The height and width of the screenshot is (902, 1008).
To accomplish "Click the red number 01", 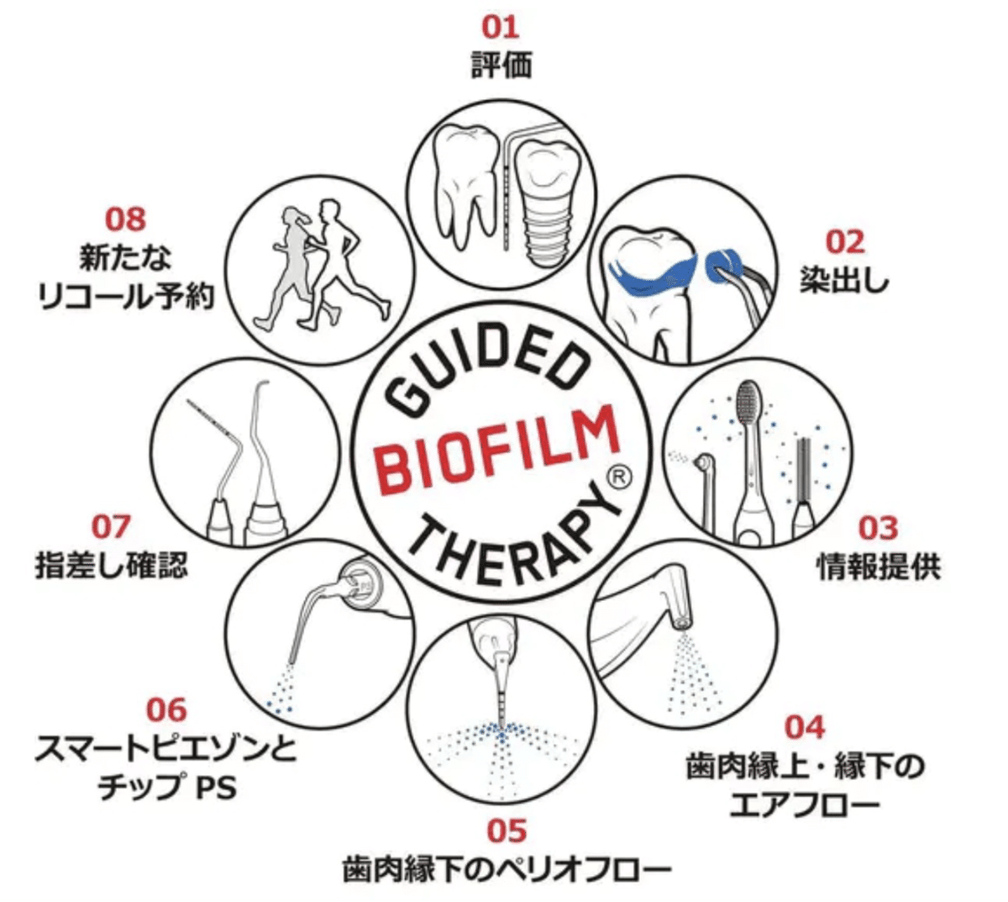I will (501, 27).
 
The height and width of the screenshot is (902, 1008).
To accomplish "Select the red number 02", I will (844, 242).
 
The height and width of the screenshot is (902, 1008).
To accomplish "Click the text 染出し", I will (844, 280).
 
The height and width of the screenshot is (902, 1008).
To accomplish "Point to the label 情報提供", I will (879, 566).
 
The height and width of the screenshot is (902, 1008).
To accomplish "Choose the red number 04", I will (805, 726).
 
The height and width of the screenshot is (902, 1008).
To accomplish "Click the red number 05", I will (507, 831).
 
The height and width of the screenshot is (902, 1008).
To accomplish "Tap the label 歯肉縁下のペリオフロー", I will (507, 869).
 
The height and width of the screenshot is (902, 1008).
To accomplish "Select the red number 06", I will (166, 710).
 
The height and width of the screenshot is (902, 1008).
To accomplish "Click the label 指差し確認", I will (111, 565).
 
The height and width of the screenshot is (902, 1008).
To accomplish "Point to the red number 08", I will (125, 219).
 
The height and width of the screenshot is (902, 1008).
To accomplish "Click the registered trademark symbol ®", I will (619, 477).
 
